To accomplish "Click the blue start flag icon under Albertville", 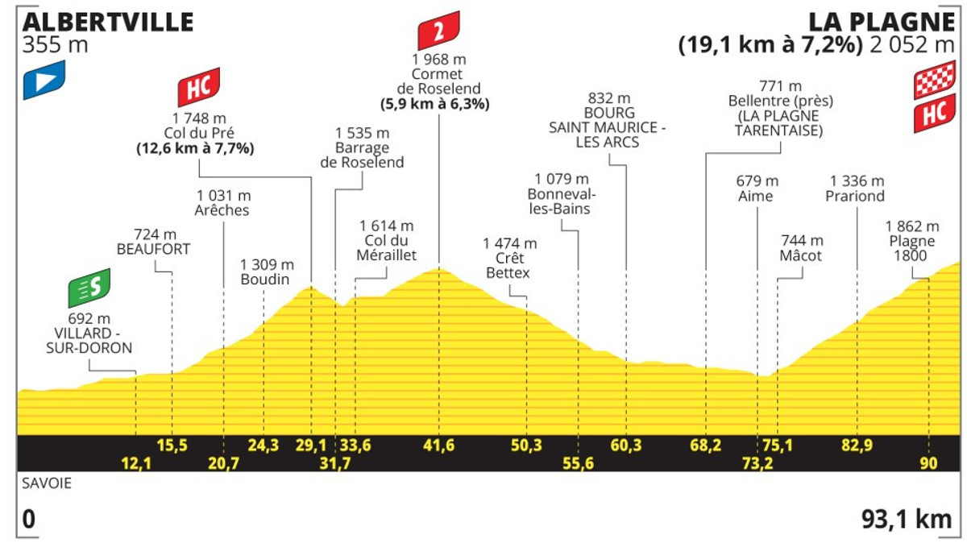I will click(x=44, y=81).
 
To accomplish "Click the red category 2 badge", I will click(x=438, y=31).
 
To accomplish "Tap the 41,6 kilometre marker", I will click(x=439, y=445).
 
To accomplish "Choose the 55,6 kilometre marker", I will click(x=579, y=462).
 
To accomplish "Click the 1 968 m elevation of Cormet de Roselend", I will click(x=438, y=60).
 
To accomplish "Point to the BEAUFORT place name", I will click(x=153, y=249).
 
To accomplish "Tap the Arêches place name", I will click(x=222, y=210).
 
